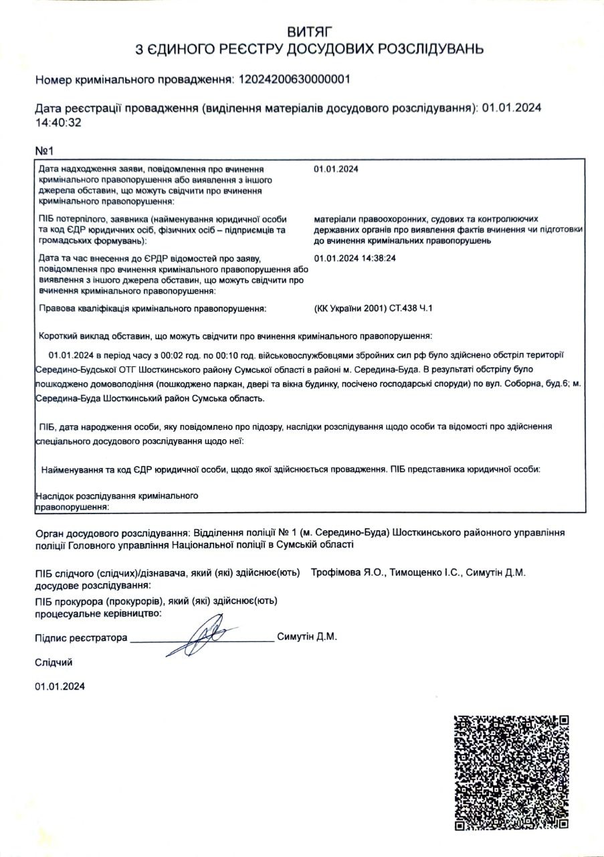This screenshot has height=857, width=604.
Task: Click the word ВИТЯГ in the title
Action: [309, 32]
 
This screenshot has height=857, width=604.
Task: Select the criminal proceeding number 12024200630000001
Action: [291, 80]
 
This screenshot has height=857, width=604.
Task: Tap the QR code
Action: [512, 772]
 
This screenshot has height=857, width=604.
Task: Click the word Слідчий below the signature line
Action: [54, 662]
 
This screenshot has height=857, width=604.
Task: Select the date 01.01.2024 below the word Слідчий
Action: [60, 686]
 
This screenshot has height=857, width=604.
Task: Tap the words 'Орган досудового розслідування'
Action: [112, 533]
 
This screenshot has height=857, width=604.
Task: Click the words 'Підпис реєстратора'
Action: [80, 638]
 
